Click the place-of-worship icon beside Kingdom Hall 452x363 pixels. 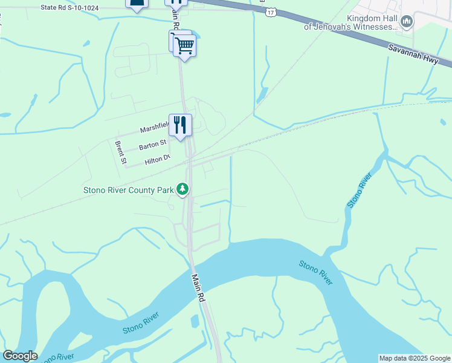(407, 22)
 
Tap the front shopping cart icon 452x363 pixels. (184, 45)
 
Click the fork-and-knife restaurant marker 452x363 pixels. (180, 125)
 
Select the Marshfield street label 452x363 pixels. (154, 129)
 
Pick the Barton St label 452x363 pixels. (152, 145)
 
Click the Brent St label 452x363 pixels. (120, 152)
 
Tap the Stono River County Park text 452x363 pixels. (128, 190)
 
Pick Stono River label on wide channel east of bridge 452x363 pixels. (315, 273)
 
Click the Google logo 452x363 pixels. (20, 356)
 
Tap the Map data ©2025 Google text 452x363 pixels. (415, 358)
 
